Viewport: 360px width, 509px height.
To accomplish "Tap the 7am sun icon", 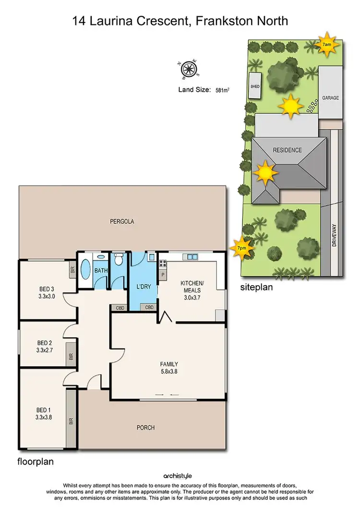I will (327, 44).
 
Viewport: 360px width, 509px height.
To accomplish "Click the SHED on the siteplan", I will (255, 86).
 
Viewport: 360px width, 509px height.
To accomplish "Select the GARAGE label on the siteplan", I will (330, 97).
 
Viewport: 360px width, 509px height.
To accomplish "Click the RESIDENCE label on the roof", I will (288, 150).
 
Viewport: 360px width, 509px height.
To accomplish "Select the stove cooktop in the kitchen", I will (163, 263).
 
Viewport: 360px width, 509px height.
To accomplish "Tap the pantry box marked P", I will (162, 275).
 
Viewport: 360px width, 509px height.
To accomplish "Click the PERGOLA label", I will (121, 221).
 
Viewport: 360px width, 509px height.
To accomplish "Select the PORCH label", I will (146, 427).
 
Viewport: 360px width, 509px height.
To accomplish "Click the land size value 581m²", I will (222, 90).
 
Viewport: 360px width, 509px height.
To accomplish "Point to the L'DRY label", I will (144, 287).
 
